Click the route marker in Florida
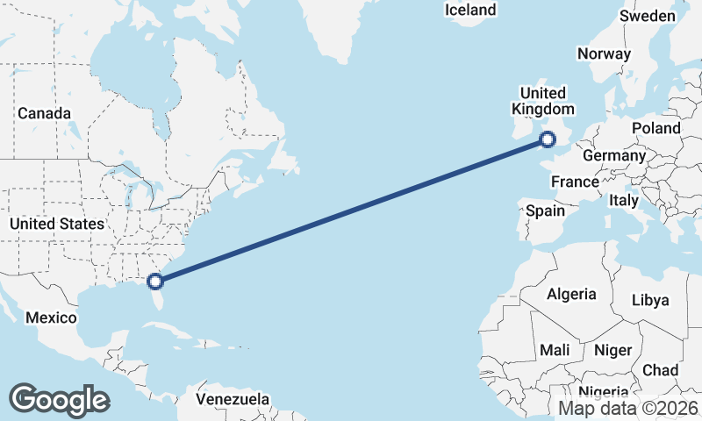(155, 282)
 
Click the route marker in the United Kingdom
(548, 139)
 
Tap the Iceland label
(470, 11)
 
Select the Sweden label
(648, 16)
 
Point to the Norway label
(604, 54)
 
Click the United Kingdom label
(543, 101)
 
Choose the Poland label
(656, 128)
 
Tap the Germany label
(614, 155)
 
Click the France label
(575, 182)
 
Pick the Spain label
(545, 210)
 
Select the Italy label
(624, 201)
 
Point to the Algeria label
(571, 294)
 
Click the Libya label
(650, 300)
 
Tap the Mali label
(555, 350)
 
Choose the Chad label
(660, 370)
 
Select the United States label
(56, 224)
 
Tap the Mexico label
(51, 317)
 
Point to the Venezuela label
(233, 399)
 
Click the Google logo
(59, 399)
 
